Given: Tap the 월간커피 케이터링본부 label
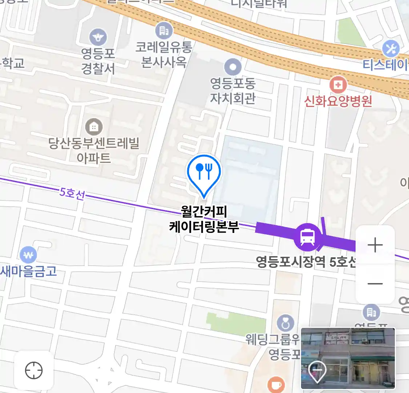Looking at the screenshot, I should pyautogui.click(x=204, y=219).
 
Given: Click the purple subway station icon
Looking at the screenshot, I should pyautogui.click(x=308, y=237).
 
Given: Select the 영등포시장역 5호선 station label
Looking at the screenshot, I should pyautogui.click(x=305, y=261).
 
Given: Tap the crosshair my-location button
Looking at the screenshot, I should pyautogui.click(x=34, y=371).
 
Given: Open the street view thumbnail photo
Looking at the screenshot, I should pyautogui.click(x=348, y=358).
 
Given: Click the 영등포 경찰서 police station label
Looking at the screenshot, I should pyautogui.click(x=98, y=61).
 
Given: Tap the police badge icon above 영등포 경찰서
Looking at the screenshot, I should pyautogui.click(x=98, y=37).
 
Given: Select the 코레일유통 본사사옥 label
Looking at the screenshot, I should pyautogui.click(x=164, y=54).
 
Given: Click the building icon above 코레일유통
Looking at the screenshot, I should pyautogui.click(x=164, y=31).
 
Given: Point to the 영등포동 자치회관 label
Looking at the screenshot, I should pyautogui.click(x=233, y=91).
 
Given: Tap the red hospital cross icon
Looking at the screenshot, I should pyautogui.click(x=338, y=85).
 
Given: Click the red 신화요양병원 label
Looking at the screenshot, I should pyautogui.click(x=338, y=101).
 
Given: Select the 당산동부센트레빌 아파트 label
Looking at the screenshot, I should pyautogui.click(x=94, y=150).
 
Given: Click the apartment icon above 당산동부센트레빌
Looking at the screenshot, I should pyautogui.click(x=94, y=127).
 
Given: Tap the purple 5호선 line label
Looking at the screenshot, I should pyautogui.click(x=72, y=193).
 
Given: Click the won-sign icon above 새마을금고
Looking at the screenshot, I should pyautogui.click(x=28, y=255).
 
